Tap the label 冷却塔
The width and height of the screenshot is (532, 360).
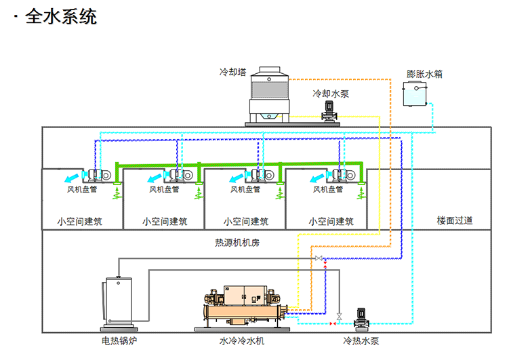click(232, 71)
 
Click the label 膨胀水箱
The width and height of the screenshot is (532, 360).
click(424, 74)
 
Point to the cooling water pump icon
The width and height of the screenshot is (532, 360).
click(329, 111)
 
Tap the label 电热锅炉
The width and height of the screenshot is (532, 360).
click(120, 341)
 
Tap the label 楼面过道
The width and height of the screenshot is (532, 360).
click(454, 220)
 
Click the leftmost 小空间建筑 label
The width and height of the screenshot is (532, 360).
click(79, 221)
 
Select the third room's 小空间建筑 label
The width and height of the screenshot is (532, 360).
click(245, 221)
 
